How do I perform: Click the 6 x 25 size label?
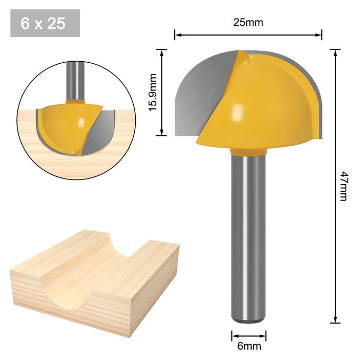(45, 23)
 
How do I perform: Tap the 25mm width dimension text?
(248, 22)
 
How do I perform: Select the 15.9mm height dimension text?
(153, 93)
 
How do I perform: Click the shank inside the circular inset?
(75, 80)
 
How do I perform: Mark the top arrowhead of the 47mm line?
(335, 52)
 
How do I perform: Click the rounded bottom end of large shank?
(248, 320)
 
